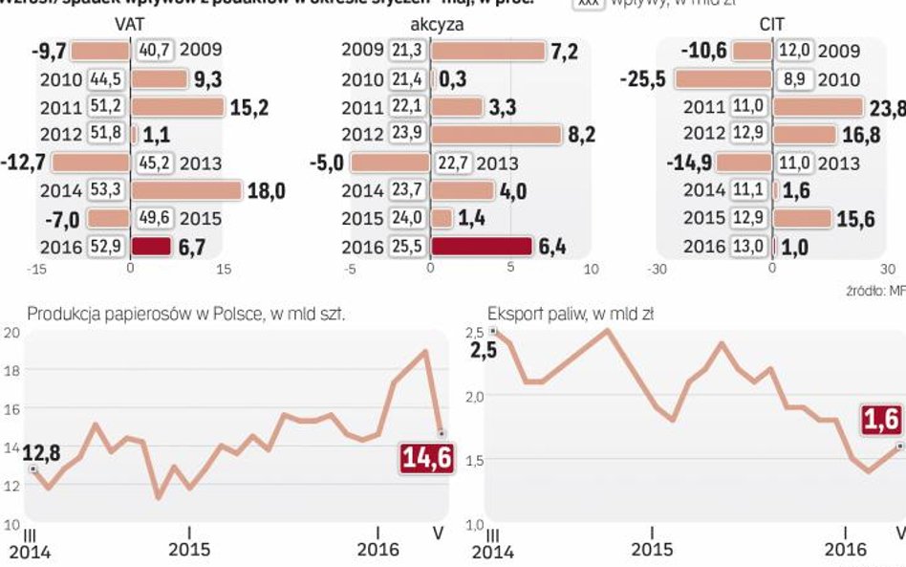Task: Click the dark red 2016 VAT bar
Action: point(151,247)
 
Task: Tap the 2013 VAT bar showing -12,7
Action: point(90,163)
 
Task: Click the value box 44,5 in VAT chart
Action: point(105,78)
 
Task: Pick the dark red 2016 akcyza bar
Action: point(481,247)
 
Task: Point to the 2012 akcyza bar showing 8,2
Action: point(496,135)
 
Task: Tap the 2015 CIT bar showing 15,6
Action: point(802,218)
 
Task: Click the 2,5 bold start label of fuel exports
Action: point(484,349)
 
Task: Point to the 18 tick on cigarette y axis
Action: point(11,371)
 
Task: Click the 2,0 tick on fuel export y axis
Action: point(476,396)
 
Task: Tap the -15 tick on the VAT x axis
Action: point(38,270)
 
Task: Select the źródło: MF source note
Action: point(874,290)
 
